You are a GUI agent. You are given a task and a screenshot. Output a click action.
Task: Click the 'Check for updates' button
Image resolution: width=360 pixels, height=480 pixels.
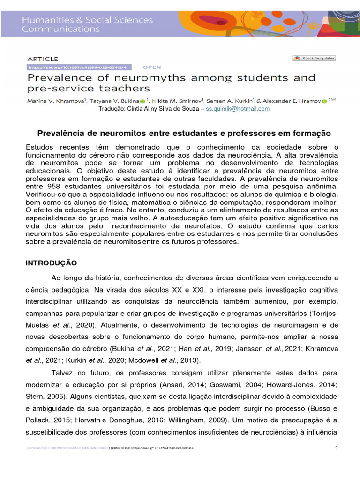tap(314, 58)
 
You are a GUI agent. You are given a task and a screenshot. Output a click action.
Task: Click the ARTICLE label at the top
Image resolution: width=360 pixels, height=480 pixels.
tap(43, 59)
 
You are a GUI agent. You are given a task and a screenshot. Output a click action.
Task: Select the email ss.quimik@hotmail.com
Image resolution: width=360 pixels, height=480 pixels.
tap(238, 108)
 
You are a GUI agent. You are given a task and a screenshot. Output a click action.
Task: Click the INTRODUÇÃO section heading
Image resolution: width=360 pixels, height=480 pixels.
tap(51, 263)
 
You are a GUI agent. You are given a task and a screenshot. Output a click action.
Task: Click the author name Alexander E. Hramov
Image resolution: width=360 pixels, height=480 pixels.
tap(291, 100)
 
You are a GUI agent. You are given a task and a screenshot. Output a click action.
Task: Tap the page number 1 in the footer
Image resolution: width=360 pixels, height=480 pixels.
tap(337, 449)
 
